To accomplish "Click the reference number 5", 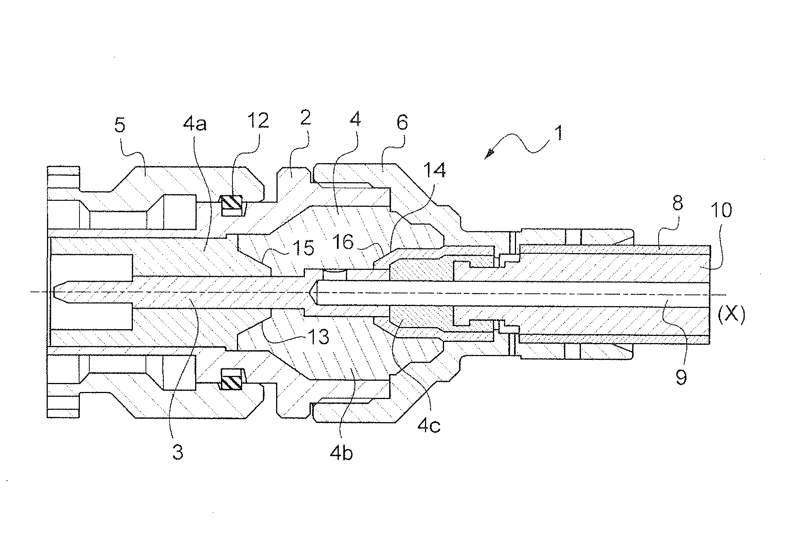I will [x=120, y=126].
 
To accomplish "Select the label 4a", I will [x=194, y=124].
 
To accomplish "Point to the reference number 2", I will [x=305, y=118].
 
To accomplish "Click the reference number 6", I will [x=402, y=122].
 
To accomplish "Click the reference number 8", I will [x=677, y=204].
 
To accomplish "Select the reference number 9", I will [x=681, y=378].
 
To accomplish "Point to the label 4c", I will [x=429, y=426].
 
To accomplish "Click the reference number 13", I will [x=318, y=337].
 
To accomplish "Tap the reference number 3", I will [x=178, y=452].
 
